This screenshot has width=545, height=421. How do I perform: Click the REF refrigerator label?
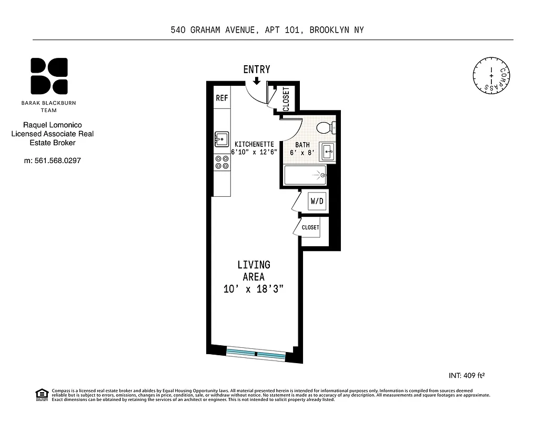pyautogui.click(x=221, y=98)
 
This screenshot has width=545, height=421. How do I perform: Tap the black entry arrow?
pyautogui.click(x=257, y=81)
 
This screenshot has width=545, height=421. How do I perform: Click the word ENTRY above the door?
pyautogui.click(x=257, y=69)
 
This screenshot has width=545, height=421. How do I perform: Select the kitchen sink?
pyautogui.click(x=221, y=139)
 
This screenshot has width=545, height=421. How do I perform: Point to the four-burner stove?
pyautogui.click(x=221, y=162)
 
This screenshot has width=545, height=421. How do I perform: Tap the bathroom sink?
pyautogui.click(x=328, y=152)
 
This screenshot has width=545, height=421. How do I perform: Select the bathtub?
pyautogui.click(x=306, y=175)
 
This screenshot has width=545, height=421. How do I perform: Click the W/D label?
pyautogui.click(x=317, y=201)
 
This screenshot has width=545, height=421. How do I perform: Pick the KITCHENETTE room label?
pyautogui.click(x=254, y=144)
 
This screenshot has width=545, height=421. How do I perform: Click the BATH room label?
pyautogui.click(x=302, y=145)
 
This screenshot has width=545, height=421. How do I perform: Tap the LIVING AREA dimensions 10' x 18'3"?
pyautogui.click(x=254, y=289)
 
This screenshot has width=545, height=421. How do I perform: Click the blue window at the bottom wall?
pyautogui.click(x=256, y=354)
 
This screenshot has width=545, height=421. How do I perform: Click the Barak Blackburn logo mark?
pyautogui.click(x=49, y=75)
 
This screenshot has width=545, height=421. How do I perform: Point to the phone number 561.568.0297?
pyautogui.click(x=52, y=160)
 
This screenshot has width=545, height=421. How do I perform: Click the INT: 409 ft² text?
pyautogui.click(x=466, y=376)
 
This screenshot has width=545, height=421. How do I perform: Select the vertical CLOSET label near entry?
pyautogui.click(x=286, y=98)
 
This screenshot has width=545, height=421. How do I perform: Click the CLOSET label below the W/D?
pyautogui.click(x=310, y=227)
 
